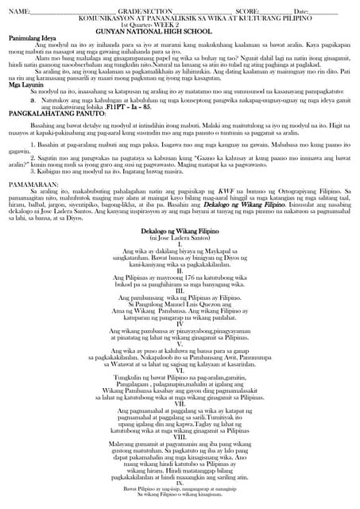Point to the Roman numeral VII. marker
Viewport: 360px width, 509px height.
180,402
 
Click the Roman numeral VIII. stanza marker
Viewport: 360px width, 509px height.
180,436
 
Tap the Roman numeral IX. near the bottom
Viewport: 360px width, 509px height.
180,483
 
